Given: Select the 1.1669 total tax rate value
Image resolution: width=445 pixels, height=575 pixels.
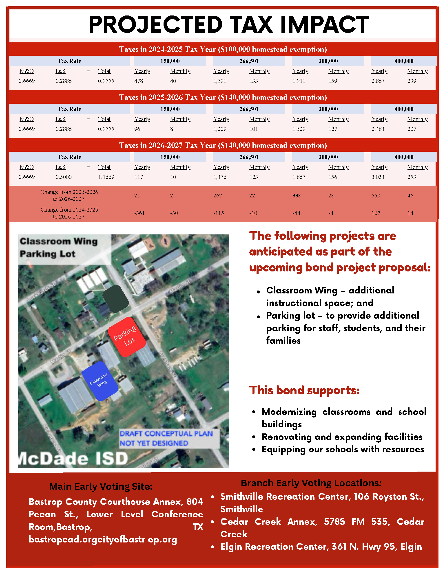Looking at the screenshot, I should [x=106, y=177].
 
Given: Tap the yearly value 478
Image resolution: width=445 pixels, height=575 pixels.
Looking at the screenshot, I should [x=139, y=81].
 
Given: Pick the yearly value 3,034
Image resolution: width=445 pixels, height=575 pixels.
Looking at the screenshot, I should [x=378, y=177].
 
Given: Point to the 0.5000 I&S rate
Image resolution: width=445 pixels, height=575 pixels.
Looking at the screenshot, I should [x=64, y=177].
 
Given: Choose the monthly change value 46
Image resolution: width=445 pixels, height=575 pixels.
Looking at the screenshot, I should [x=410, y=196].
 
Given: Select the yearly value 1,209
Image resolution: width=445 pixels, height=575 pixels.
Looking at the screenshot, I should [x=220, y=129].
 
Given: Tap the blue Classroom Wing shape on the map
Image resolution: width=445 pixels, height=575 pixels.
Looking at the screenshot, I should [x=100, y=381].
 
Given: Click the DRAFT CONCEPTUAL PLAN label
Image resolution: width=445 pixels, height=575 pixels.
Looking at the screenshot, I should [x=166, y=434].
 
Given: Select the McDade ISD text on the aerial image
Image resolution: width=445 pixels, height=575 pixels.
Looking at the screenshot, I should [x=74, y=458].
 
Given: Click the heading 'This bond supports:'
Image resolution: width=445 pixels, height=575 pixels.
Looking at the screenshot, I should [x=304, y=390].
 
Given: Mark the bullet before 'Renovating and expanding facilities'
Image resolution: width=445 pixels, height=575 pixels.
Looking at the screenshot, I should [x=254, y=437].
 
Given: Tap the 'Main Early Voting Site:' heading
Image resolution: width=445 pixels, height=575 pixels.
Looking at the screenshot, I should [x=101, y=486].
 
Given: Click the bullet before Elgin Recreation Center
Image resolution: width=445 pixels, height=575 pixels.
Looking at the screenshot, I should [x=213, y=547].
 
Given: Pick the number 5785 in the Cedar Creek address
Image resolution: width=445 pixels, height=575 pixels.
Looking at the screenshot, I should [x=334, y=522].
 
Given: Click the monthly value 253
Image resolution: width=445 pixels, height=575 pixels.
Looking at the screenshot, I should [x=412, y=177].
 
